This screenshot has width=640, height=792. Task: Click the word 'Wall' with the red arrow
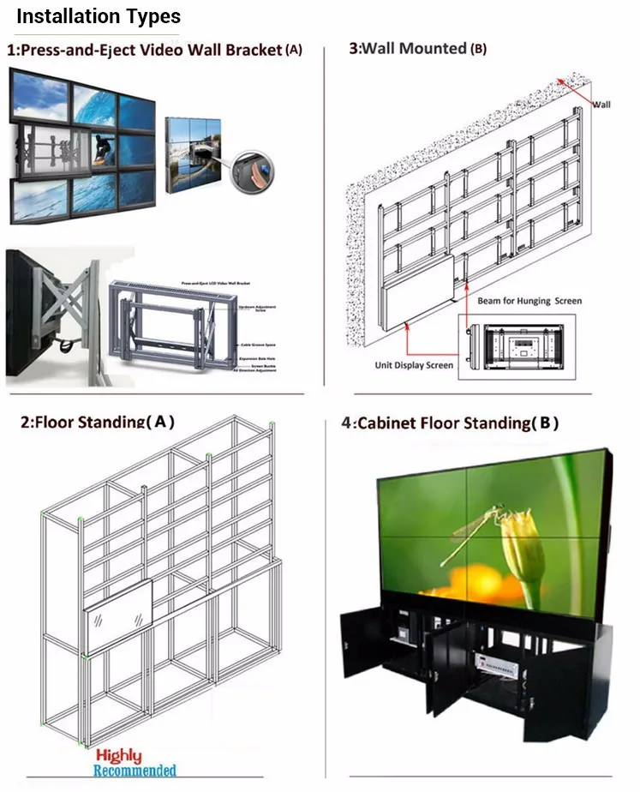tap(601, 104)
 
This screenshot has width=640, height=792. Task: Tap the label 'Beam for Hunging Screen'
tap(529, 301)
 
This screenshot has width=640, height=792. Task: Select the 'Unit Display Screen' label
tap(414, 365)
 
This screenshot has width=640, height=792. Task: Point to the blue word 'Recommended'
tap(135, 771)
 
